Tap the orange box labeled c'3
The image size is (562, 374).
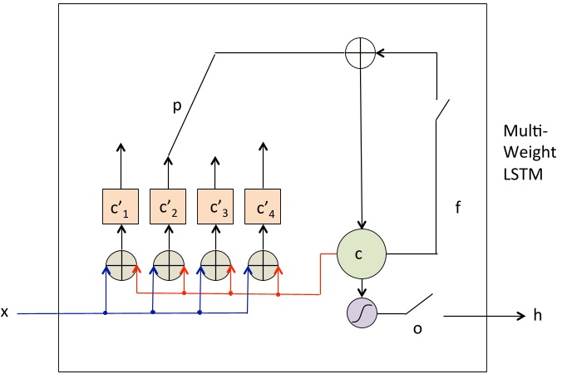pos(214,205)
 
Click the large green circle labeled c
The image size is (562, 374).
pos(361,253)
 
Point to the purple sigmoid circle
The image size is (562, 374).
pos(361,313)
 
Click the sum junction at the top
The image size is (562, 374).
pos(360,52)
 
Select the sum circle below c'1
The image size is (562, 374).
pos(120,263)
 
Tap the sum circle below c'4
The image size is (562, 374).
pos(262,263)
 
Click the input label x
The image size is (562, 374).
pos(6,312)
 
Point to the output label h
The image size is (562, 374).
pos(524,316)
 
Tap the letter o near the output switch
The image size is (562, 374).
pos(417,329)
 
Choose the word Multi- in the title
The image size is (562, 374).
pos(520,131)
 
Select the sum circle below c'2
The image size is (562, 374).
pos(167,263)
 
